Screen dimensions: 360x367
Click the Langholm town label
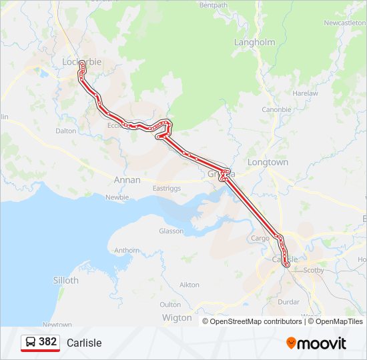(x=254, y=42)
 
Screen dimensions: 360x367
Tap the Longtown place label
(x=268, y=162)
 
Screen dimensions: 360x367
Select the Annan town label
(x=127, y=180)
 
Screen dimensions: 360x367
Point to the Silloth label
(x=65, y=281)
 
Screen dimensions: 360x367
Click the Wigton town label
(x=177, y=318)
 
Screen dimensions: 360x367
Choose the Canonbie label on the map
(x=276, y=109)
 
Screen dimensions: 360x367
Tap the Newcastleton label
(x=345, y=23)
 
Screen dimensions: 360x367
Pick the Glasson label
(x=171, y=231)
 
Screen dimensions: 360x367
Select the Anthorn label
(x=127, y=251)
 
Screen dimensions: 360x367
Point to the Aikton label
(x=190, y=285)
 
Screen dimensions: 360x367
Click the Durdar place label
(x=288, y=301)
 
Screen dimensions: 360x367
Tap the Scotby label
(x=314, y=270)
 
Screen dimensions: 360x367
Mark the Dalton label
(x=66, y=131)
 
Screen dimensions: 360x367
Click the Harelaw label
(x=305, y=93)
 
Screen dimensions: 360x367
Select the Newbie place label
(x=117, y=197)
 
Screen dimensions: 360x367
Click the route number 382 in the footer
(x=48, y=342)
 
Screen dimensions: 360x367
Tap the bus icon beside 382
(x=31, y=342)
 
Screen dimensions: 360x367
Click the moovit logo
(x=316, y=343)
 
